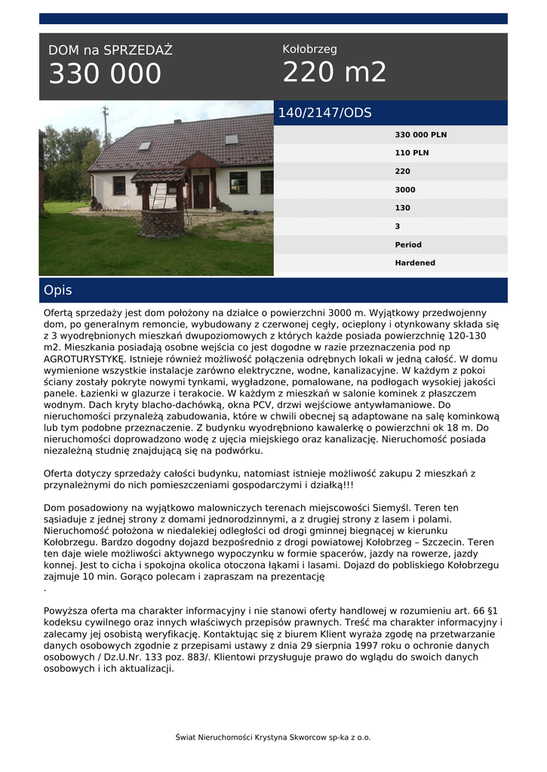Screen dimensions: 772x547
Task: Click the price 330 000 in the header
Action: (x=105, y=74)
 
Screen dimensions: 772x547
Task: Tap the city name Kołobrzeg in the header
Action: (x=309, y=49)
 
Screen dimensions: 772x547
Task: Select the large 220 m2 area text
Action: (x=334, y=72)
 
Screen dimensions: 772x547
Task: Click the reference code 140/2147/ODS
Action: (x=325, y=113)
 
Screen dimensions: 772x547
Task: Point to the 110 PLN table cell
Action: (x=412, y=153)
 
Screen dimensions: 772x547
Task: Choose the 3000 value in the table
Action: (x=405, y=190)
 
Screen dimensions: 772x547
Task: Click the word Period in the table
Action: (x=408, y=245)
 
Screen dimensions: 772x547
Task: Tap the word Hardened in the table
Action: (x=415, y=263)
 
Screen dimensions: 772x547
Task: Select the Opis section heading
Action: (x=58, y=290)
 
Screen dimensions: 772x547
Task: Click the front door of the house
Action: (x=201, y=191)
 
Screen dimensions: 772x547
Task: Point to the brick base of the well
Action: (x=161, y=222)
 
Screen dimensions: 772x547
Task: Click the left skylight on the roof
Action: (x=144, y=146)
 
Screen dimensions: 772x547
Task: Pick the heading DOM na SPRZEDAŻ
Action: (x=110, y=51)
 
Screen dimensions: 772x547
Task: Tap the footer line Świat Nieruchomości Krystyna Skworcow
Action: (x=273, y=737)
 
